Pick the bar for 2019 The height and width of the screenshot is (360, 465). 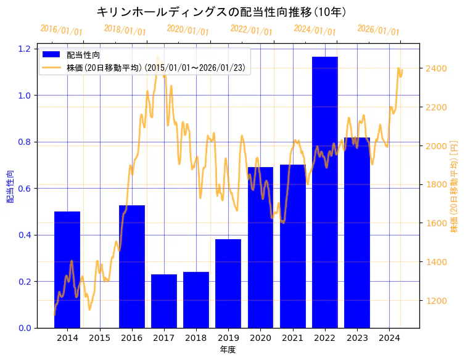pyautogui.click(x=228, y=283)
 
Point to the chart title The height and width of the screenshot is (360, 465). pyautogui.click(x=221, y=12)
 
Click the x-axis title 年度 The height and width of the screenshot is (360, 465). pyautogui.click(x=228, y=350)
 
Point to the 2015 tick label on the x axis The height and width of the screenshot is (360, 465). pyautogui.click(x=100, y=338)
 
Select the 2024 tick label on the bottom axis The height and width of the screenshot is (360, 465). pyautogui.click(x=389, y=338)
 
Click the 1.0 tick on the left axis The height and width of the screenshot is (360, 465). pyautogui.click(x=25, y=95)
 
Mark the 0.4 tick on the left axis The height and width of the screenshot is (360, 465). pyautogui.click(x=25, y=235)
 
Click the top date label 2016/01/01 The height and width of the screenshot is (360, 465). pyautogui.click(x=61, y=30)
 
